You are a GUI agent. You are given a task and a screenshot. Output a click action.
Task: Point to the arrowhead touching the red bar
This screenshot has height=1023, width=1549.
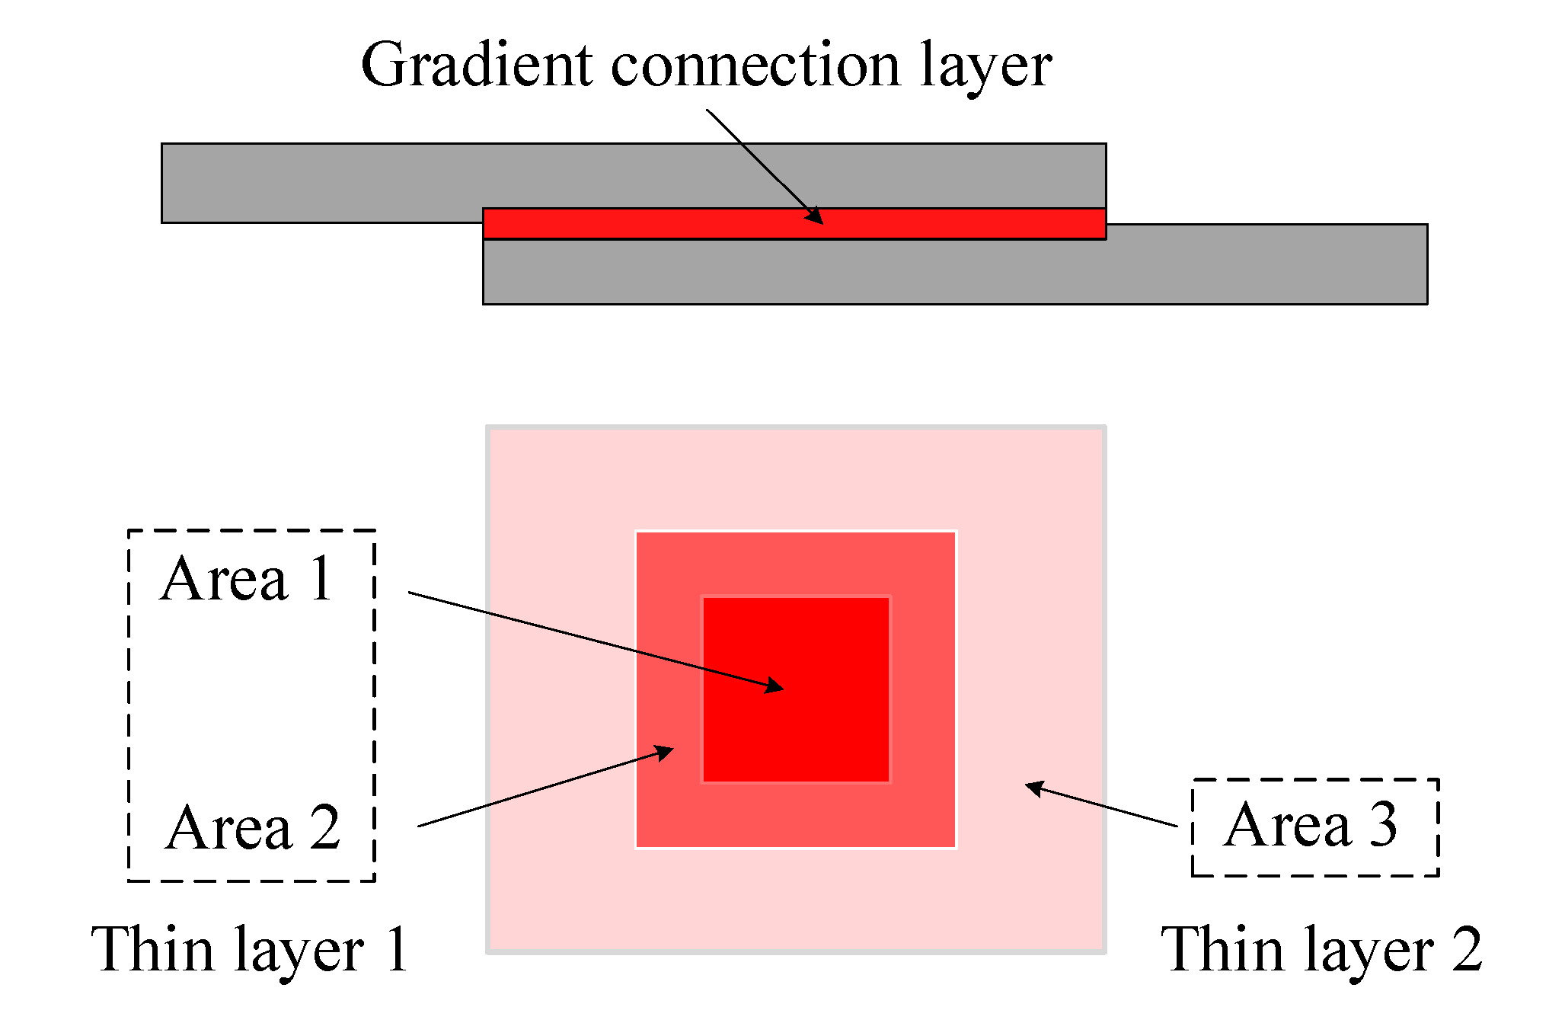[x=816, y=216]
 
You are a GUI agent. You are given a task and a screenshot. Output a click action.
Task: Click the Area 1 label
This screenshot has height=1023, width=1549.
[x=248, y=579]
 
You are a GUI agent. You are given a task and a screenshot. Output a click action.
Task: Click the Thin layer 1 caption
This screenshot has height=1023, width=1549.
[x=250, y=951]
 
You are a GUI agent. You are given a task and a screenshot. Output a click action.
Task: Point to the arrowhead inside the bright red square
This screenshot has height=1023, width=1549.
[x=774, y=686]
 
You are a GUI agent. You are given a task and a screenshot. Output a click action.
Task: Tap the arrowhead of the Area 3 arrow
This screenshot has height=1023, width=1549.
[x=1034, y=788]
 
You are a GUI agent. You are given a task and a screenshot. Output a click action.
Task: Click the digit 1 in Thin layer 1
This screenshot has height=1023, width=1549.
[x=397, y=949]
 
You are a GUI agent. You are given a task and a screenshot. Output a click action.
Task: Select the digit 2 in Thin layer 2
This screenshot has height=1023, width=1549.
[x=1466, y=949]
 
